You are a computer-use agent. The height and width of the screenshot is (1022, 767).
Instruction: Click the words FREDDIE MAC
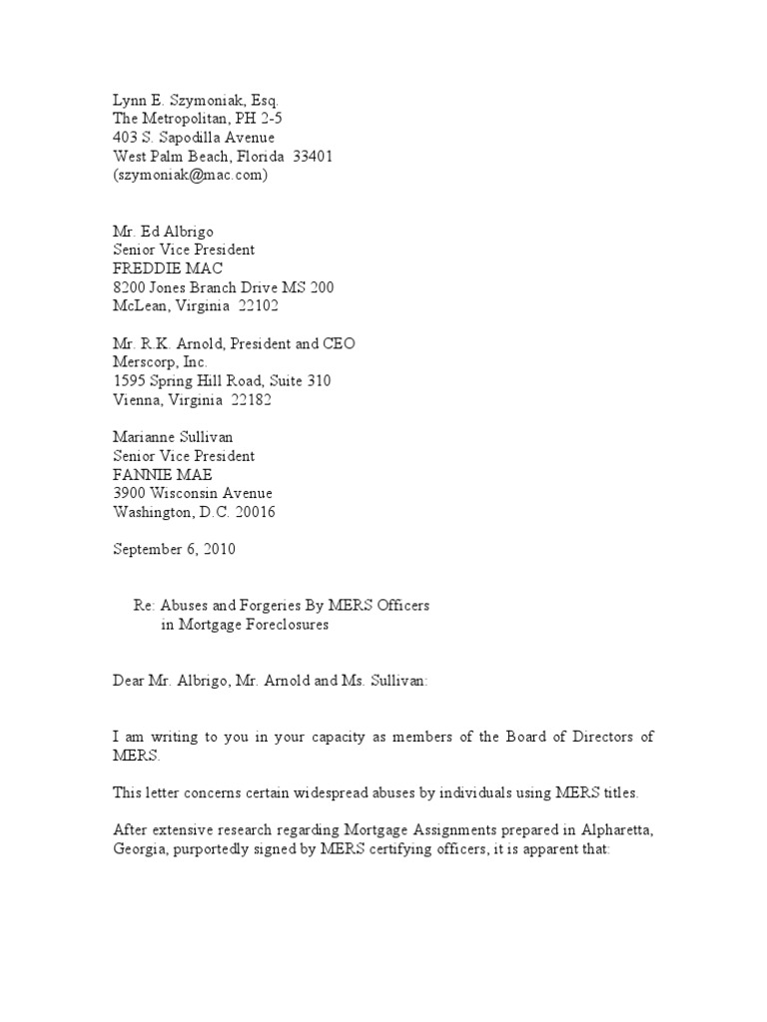click(x=167, y=268)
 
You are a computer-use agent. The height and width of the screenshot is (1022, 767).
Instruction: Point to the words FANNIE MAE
click(x=163, y=474)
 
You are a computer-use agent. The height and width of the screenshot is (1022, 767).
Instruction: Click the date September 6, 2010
click(x=174, y=549)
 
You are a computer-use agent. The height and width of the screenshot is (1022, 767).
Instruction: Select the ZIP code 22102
click(x=259, y=306)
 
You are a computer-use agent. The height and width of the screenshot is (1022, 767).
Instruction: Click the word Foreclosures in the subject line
click(x=286, y=625)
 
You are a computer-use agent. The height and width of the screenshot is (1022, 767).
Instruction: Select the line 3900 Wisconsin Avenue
click(x=192, y=493)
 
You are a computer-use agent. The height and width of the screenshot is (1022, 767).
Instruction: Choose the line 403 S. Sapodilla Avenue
click(x=193, y=137)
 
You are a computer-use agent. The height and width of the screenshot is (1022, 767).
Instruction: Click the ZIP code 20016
click(x=254, y=512)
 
